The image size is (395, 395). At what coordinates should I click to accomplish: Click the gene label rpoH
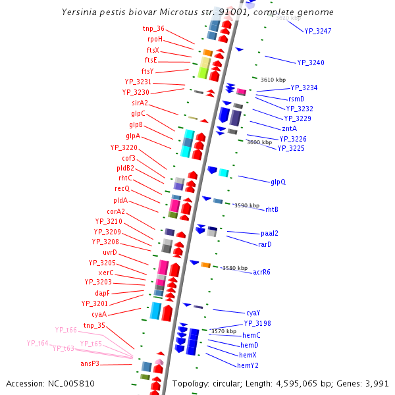pos(155,39)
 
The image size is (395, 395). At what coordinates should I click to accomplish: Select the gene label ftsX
pos(153,50)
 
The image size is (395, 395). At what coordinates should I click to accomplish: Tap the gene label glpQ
pos(278,182)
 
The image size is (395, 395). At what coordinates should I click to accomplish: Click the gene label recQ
pos(122,189)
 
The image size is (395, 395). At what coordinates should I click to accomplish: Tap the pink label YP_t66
pos(66,330)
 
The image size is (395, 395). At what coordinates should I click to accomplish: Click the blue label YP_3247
pos(318,31)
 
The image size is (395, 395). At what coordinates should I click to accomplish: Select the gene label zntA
pos(289,128)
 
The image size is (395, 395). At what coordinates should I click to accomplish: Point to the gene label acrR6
pos(261,272)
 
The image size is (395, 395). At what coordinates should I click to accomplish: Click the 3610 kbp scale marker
pos(273,80)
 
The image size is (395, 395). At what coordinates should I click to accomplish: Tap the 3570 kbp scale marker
pos(223,331)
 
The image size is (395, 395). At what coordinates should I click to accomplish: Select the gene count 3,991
pos(376,383)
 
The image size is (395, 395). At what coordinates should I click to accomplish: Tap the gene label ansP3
pos(90,363)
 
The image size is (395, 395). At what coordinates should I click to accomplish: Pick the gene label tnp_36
pos(153,29)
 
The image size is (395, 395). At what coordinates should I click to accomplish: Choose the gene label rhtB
pos(272,209)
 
